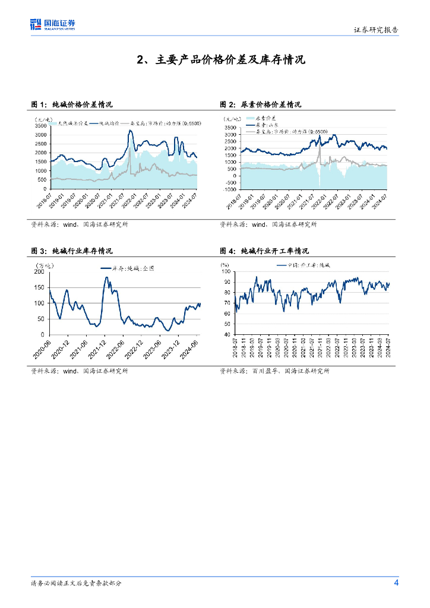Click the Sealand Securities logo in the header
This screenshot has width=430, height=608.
(x=53, y=24)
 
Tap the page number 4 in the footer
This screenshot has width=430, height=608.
(x=396, y=582)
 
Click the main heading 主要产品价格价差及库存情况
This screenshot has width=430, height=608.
(x=221, y=59)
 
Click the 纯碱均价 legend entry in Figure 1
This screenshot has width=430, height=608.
(x=109, y=123)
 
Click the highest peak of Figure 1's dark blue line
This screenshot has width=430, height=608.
(x=130, y=131)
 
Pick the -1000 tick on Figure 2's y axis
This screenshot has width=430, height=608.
(x=229, y=190)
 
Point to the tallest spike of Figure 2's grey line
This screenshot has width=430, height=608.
(x=319, y=146)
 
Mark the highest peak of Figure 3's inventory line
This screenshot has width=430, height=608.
(x=107, y=277)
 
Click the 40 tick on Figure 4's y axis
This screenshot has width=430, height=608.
(x=226, y=335)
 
